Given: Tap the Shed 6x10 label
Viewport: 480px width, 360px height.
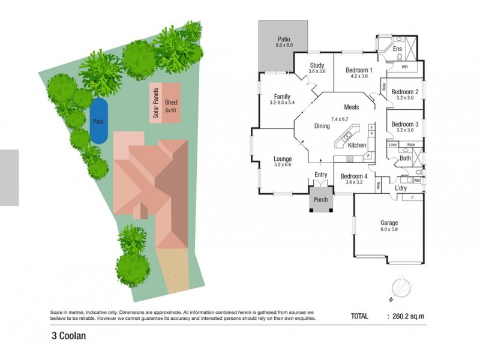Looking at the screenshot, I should coord(171,106).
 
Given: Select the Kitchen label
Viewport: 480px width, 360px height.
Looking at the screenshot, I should coord(357,146).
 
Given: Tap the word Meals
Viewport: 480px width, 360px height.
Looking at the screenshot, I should coord(351,107).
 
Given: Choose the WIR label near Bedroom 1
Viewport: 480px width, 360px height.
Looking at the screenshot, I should coord(404,67).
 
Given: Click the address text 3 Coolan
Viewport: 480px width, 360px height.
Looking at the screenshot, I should coord(69,336).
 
